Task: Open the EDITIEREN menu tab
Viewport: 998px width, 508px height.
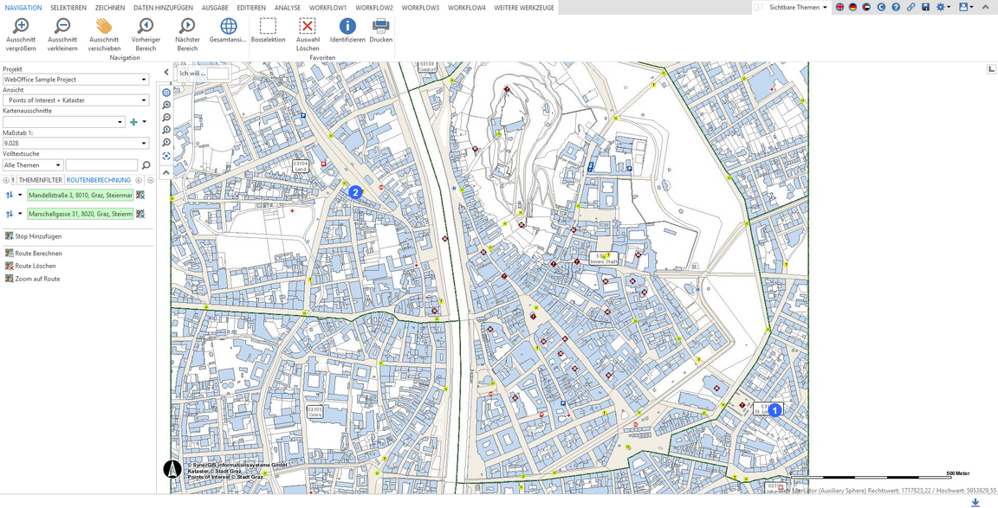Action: [x=251, y=8]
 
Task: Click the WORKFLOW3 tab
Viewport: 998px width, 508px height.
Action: [x=420, y=8]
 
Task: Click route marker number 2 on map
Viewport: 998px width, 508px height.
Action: [x=355, y=192]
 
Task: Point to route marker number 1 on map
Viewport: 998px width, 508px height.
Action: [x=775, y=410]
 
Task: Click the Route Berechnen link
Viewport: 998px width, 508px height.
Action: [x=38, y=254]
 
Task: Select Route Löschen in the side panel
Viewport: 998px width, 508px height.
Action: [x=35, y=267]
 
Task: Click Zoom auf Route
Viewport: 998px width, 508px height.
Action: [x=37, y=280]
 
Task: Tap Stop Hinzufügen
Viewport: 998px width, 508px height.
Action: [x=38, y=236]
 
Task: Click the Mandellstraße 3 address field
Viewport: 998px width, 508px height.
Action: [x=81, y=196]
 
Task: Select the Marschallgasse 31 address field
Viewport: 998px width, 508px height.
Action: [x=81, y=214]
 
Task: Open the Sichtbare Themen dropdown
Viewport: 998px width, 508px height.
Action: [x=798, y=7]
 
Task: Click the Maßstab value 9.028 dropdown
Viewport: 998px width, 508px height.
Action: [x=75, y=144]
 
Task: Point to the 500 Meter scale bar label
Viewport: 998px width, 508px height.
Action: [x=957, y=473]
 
